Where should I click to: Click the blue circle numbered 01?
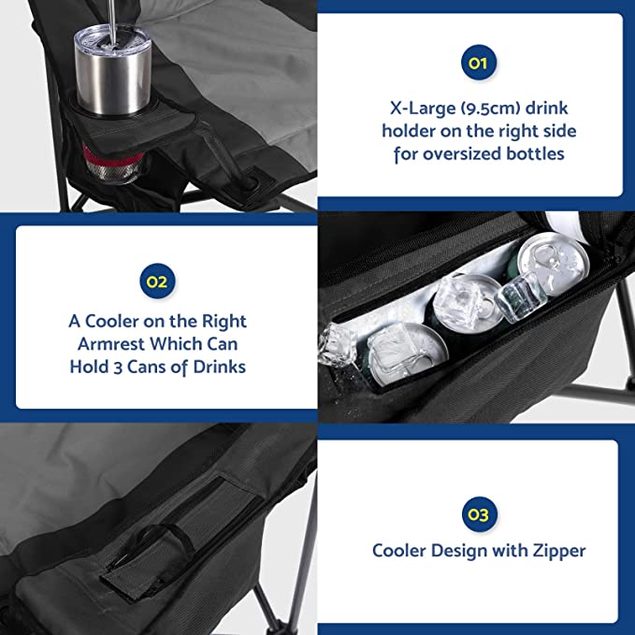[478, 63]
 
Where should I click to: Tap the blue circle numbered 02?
[157, 281]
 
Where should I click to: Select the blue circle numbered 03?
[479, 514]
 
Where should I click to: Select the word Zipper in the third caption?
[559, 552]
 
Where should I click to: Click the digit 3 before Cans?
[118, 368]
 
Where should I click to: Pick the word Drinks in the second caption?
[219, 367]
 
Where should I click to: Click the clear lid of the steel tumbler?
[112, 37]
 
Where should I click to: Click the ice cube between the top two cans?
[517, 296]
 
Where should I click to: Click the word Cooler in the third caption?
[399, 551]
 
